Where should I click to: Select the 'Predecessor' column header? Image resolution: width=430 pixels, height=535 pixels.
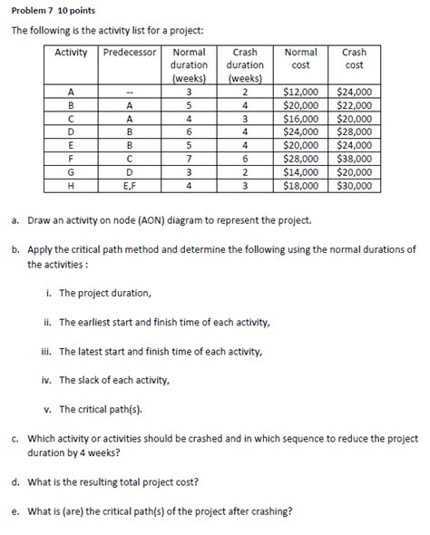pos(131,53)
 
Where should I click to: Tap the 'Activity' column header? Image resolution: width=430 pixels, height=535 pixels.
pos(72,53)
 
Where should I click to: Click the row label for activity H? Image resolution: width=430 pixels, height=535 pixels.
pos(72,185)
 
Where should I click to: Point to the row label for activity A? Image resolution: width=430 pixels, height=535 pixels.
pos(72,92)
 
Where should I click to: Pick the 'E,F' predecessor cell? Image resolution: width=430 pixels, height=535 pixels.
pos(131,185)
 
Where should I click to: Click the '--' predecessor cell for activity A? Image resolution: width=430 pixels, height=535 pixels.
pos(131,92)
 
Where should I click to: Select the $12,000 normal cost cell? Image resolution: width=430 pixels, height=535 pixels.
pos(301,92)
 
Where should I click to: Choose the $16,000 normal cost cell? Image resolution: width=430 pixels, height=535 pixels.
pos(301,118)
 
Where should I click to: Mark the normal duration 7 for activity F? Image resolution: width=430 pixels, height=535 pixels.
pos(189,158)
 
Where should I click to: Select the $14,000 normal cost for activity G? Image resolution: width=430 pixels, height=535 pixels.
pos(301,171)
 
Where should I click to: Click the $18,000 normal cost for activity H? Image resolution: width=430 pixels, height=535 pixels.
pos(301,185)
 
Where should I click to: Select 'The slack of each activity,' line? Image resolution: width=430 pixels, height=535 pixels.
pos(113,380)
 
